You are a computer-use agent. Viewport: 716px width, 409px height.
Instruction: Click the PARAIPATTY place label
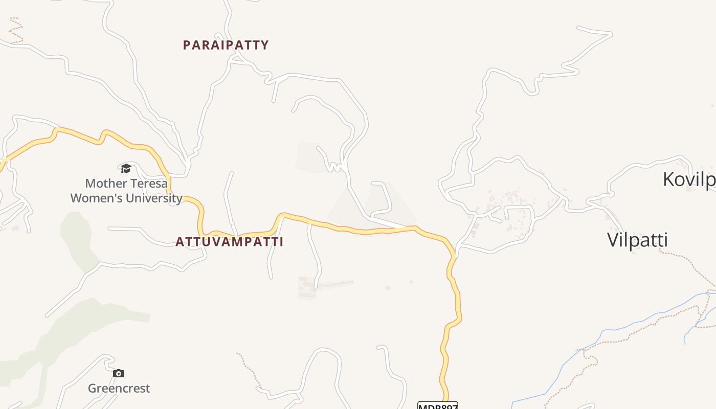[226, 45]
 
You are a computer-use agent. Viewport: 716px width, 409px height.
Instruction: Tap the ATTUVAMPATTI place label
[229, 242]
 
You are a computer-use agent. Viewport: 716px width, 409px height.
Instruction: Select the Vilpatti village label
[637, 240]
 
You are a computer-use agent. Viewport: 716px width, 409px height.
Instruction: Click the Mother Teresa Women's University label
[126, 190]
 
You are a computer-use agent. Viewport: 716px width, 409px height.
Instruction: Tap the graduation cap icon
[126, 168]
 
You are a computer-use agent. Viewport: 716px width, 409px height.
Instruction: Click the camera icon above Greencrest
[119, 374]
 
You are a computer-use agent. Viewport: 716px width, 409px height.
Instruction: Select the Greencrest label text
[119, 389]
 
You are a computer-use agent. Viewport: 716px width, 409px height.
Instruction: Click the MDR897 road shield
[437, 406]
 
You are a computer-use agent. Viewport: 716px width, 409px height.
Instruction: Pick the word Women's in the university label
[95, 198]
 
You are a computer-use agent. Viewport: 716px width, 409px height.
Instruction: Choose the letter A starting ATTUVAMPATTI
[180, 242]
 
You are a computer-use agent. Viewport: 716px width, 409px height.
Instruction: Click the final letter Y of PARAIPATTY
[265, 45]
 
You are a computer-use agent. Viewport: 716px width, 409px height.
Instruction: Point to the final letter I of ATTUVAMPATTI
[281, 242]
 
